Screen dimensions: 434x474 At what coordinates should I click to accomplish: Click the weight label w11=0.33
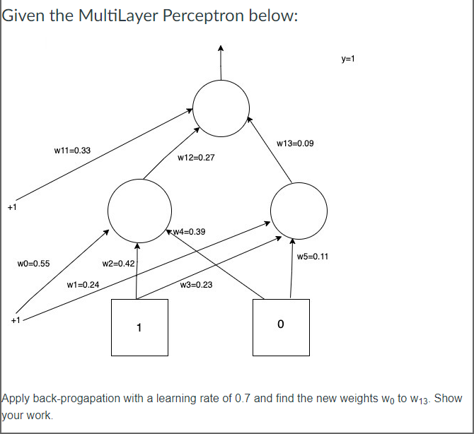click(x=72, y=151)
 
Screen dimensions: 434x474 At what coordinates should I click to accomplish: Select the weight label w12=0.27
click(x=196, y=158)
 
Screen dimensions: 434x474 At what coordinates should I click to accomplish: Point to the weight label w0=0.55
click(x=33, y=264)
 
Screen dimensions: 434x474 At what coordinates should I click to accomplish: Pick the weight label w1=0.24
click(x=83, y=285)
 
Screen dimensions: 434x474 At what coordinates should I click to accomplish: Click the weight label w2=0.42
click(x=119, y=264)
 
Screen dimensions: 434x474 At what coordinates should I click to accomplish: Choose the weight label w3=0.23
click(x=196, y=285)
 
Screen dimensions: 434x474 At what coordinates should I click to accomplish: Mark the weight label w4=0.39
click(x=189, y=232)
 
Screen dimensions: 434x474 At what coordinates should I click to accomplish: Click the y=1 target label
click(x=347, y=60)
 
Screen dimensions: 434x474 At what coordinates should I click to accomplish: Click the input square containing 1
click(x=139, y=327)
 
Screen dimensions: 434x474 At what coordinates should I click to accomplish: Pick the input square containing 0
click(x=281, y=327)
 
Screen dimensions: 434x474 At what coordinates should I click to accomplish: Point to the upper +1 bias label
click(x=11, y=207)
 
